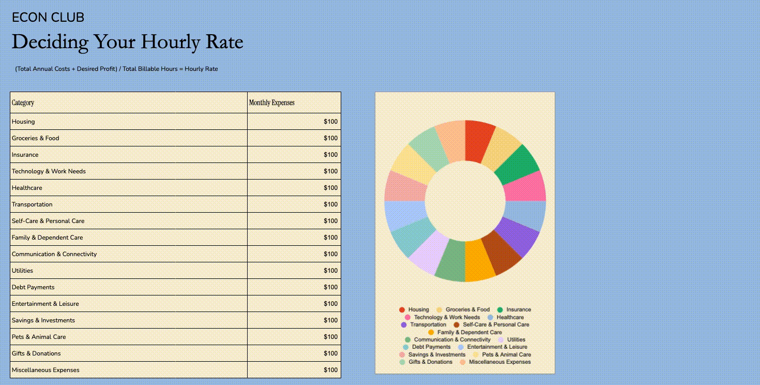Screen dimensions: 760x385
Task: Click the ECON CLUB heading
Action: tap(48, 18)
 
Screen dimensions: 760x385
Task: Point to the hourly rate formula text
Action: tap(116, 69)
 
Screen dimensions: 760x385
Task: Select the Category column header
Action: tap(23, 102)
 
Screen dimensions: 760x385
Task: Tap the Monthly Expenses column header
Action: tap(272, 102)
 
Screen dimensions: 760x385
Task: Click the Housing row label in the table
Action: tap(23, 122)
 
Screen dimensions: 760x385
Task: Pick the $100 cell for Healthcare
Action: tap(330, 188)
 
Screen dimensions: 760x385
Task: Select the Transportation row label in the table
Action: tap(32, 204)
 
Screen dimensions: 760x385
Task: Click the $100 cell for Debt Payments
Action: tap(330, 287)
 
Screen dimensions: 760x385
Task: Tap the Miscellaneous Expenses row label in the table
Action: tap(45, 370)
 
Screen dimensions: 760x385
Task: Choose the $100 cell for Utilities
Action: tap(330, 271)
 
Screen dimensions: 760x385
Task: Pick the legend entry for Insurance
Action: tap(514, 309)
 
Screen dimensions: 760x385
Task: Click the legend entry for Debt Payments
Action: tap(427, 347)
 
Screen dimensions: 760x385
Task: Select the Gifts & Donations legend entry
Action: tap(426, 362)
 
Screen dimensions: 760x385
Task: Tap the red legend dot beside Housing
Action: tap(402, 309)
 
